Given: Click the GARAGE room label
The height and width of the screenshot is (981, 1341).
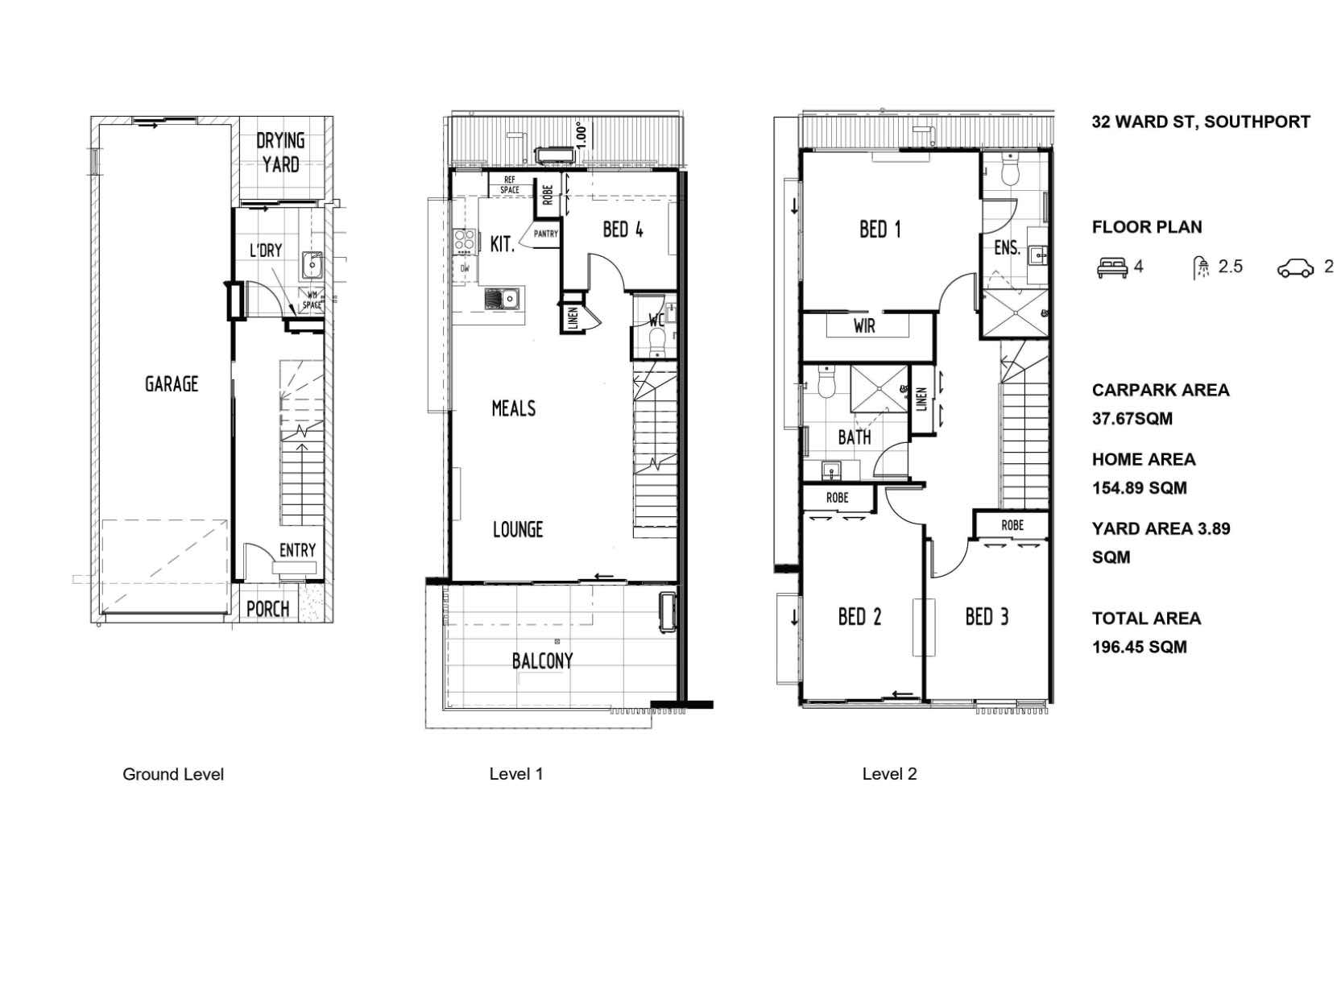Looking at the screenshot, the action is coord(172,383).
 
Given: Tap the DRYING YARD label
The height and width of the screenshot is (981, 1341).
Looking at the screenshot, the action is coord(280,152).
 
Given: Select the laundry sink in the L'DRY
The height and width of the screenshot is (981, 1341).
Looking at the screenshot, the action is coord(312,265).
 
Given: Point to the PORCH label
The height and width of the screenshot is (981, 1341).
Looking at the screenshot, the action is coord(267,610).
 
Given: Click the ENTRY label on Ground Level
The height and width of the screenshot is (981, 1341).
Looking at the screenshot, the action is coord(297,550).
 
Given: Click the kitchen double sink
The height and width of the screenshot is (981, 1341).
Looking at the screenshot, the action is coord(503,297).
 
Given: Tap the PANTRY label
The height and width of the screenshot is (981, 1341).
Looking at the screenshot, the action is coord(545,234).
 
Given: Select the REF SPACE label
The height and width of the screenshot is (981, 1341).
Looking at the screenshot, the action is coord(510,185).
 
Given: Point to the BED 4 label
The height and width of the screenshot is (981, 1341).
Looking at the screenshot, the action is coord(623,230).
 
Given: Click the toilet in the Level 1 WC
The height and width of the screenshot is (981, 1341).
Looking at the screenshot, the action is coord(656,343).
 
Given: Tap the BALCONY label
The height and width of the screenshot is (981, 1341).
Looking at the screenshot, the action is coord(542,660).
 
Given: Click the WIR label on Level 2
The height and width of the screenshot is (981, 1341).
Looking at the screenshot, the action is coord(864,326).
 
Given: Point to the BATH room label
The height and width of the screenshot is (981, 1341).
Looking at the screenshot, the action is coord(855,437).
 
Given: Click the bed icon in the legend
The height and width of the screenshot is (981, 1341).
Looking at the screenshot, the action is coord(1112,267).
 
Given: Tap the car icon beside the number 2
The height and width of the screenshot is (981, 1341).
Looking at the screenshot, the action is coord(1295,268).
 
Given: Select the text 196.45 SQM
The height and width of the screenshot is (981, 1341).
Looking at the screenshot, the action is coord(1140,647).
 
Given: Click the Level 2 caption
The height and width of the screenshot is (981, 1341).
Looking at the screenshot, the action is coord(889,774).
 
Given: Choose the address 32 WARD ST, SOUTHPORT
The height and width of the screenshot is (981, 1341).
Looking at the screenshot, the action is coord(1201,122).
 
